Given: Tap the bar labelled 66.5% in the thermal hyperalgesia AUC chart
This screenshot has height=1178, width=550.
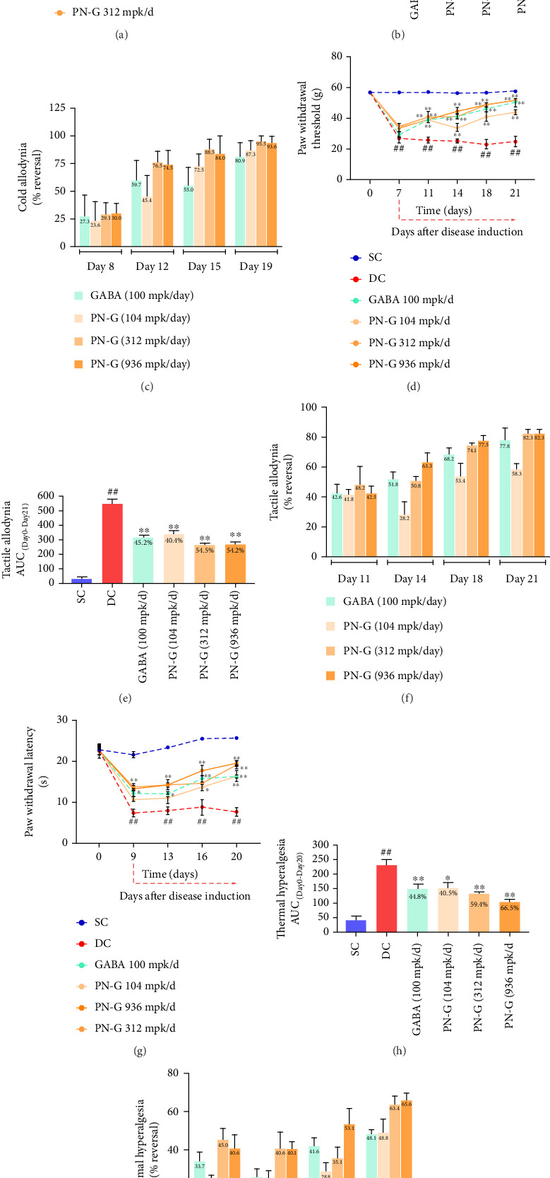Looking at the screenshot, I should coord(510,916).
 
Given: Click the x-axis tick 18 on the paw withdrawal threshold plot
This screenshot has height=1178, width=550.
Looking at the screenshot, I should coord(486,193).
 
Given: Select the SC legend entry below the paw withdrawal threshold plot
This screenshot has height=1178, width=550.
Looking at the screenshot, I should coord(375,257).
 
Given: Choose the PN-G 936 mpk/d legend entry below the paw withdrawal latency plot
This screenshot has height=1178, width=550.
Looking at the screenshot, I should coord(127,1007).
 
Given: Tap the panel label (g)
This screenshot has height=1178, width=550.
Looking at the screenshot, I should coord(139,1051).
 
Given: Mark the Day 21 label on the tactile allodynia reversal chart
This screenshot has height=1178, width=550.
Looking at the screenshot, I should coord(521,579).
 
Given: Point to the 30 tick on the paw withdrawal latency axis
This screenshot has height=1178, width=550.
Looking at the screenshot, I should coord(63,720).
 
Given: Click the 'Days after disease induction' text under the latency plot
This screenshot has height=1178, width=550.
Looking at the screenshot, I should coord(185,896).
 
